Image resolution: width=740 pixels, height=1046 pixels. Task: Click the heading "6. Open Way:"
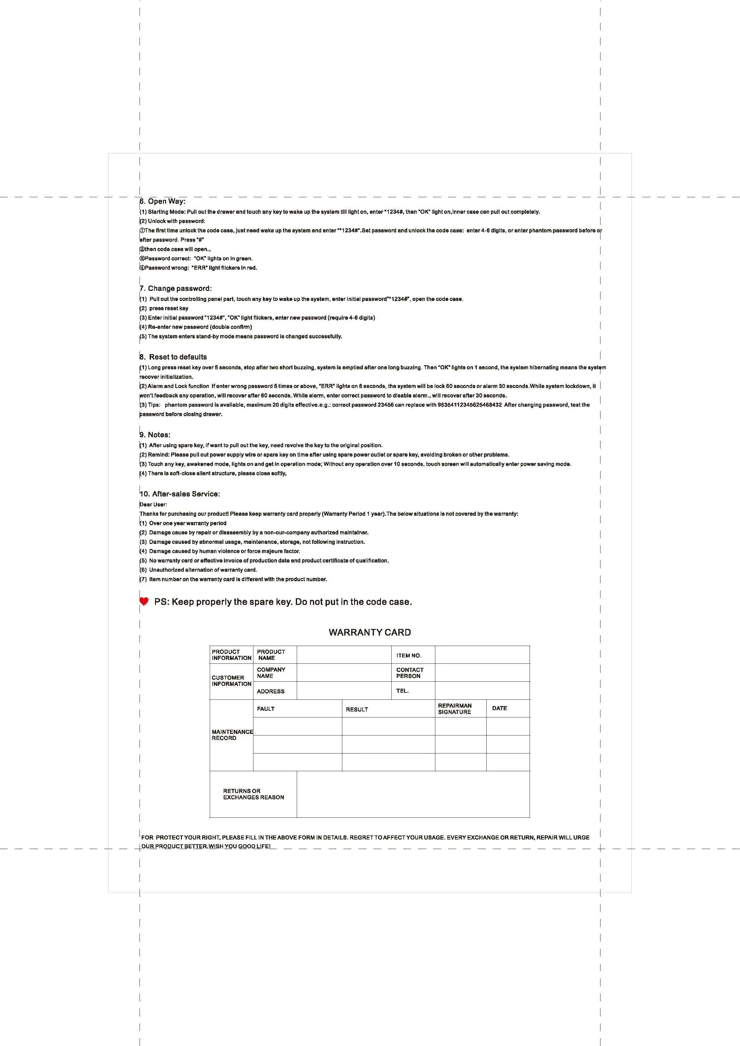coord(162,201)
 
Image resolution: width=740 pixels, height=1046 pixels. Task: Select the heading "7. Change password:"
coord(176,288)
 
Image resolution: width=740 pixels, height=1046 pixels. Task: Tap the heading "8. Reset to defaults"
coord(173,357)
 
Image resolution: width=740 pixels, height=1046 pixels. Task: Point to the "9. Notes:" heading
coord(155,434)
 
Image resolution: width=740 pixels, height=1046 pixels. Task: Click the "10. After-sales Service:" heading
coord(180,494)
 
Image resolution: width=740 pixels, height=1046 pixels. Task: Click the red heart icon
coord(144,601)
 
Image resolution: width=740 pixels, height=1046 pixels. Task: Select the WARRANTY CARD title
coord(370,632)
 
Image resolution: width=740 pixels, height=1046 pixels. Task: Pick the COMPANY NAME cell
coord(271,673)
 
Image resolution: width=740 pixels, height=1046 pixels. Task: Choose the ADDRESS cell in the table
coord(271,691)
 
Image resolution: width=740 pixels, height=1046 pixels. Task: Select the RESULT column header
coord(357,709)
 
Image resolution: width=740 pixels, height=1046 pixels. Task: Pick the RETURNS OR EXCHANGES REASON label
coord(253,794)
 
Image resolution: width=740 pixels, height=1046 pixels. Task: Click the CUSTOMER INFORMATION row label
coord(231,681)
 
